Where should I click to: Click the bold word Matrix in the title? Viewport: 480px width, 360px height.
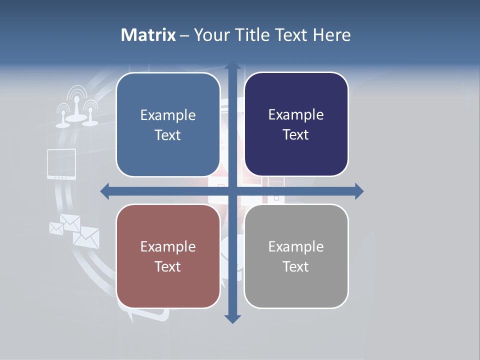coord(148,35)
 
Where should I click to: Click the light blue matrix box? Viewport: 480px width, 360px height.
coord(168,124)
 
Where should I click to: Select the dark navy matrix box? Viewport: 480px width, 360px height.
coord(296,124)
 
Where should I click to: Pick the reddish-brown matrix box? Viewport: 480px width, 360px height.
coord(168,256)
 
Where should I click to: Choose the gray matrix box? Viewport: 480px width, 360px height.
coord(296,256)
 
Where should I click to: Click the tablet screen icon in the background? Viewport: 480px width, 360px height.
coord(61,163)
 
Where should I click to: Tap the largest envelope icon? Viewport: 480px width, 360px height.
coord(86,236)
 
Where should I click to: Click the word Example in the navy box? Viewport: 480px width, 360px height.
coord(296,114)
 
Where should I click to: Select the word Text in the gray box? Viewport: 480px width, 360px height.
coord(296,266)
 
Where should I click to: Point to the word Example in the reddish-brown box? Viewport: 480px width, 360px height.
coord(168,246)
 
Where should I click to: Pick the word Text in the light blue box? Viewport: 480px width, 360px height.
coord(168,135)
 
